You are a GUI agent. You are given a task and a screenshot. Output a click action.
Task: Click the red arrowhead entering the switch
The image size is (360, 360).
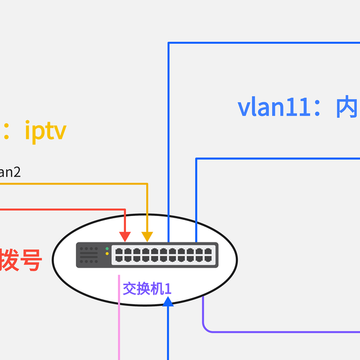pos(125,236)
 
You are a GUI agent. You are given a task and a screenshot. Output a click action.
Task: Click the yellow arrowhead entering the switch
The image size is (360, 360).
pos(147,236)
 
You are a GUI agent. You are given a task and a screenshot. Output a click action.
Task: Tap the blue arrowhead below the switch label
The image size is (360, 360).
pos(168,301)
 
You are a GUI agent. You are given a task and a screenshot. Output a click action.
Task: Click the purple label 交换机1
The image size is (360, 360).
pos(147,289)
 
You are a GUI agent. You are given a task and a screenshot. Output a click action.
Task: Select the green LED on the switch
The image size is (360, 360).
pos(107,249)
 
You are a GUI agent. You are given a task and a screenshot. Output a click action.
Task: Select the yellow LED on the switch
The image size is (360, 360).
pos(107,254)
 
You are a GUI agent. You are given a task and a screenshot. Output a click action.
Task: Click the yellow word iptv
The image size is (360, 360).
pos(46,131)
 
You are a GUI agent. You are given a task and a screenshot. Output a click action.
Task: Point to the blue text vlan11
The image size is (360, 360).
pos(275,107)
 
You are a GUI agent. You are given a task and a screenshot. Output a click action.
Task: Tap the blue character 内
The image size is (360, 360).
pos(346,107)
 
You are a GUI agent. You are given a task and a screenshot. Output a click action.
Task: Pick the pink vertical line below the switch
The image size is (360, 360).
pos(119,321)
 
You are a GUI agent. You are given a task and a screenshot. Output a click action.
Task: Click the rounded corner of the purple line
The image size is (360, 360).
pos(205,329)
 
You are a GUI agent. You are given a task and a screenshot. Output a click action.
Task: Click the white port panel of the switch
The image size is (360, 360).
pos(164,255)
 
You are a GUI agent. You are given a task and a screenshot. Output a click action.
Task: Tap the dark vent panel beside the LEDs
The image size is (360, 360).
pos(89,255)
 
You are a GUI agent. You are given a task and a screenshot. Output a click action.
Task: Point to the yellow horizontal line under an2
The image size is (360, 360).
pos(73,183)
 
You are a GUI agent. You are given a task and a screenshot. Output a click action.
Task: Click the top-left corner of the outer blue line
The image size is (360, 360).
pos(168,43)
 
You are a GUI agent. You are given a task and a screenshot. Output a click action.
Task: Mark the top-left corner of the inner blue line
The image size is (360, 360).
pos(196,159)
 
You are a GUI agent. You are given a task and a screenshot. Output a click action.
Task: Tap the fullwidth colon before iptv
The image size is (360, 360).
pos(7,131)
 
